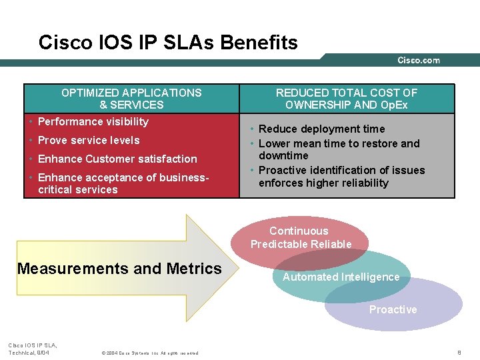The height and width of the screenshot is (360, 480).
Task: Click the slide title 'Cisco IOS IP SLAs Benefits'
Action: pos(168,43)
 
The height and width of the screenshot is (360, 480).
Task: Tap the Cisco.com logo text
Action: pos(419,61)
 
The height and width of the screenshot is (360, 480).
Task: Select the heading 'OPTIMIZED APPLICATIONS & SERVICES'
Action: pos(131,99)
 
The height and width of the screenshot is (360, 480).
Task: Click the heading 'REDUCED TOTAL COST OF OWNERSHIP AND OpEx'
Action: pos(347,99)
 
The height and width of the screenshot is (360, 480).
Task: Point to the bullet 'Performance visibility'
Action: pos(93,121)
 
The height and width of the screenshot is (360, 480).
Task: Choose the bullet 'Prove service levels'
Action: pos(89,140)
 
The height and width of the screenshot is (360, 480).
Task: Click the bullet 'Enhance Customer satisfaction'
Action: pos(117,159)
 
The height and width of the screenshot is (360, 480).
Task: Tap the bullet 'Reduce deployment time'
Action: pos(321,129)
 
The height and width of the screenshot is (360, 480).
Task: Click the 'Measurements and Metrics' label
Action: pos(119,269)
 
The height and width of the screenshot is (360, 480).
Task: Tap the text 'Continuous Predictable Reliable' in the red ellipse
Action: pos(301,238)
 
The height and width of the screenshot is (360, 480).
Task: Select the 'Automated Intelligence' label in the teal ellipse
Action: pos(341,277)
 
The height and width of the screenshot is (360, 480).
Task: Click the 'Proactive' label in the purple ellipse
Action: pos(393,309)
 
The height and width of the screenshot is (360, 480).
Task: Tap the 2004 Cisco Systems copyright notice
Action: pos(149,353)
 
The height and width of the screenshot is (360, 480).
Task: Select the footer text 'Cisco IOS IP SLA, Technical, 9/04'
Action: pos(32,348)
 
